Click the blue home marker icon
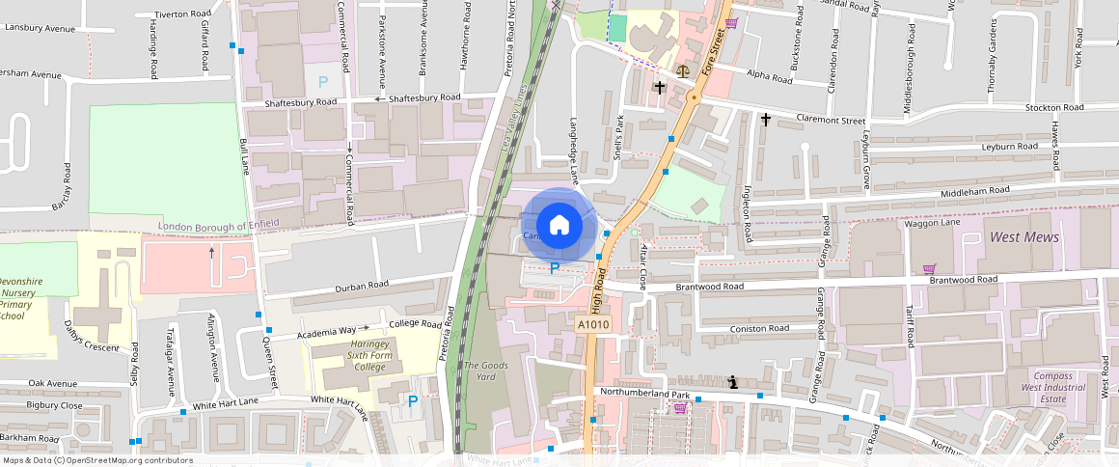click(x=559, y=225)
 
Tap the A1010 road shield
click(x=594, y=326)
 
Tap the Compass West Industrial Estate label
click(x=1059, y=388)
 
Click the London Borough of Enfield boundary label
click(x=218, y=224)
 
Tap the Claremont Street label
click(x=831, y=120)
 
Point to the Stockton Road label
click(x=1055, y=107)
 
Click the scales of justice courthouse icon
click(x=684, y=70)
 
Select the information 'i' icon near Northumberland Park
click(x=734, y=382)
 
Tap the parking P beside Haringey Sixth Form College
click(x=413, y=401)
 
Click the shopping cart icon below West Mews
click(x=929, y=269)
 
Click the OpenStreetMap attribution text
click(x=96, y=460)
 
